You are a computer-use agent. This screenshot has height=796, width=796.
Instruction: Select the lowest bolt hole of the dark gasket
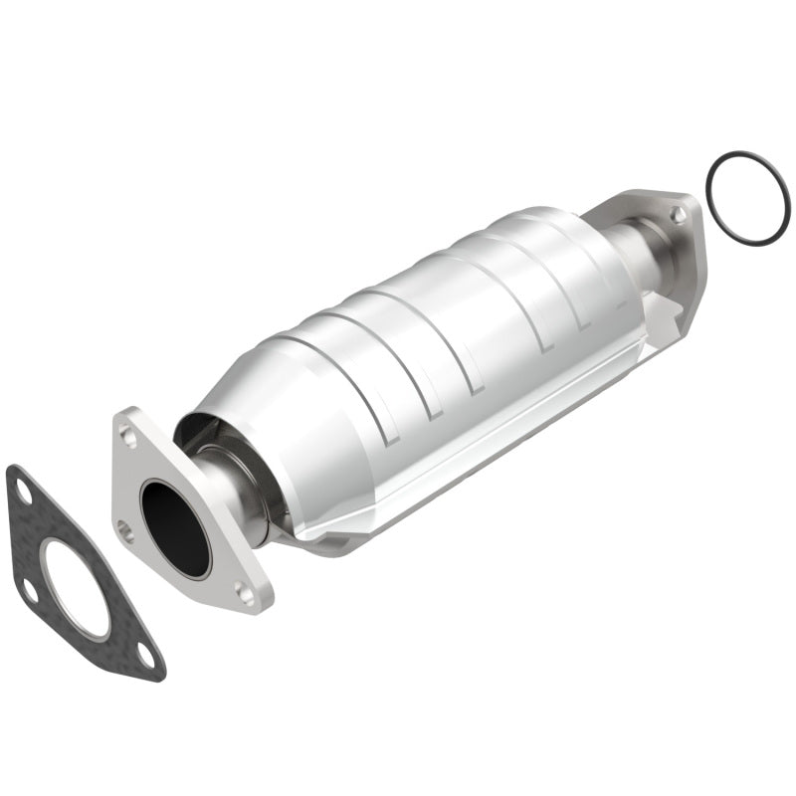coord(145,657)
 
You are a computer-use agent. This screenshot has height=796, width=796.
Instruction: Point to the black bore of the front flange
coord(175,527)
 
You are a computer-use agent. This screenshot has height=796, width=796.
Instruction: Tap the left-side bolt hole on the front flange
coord(123,529)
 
